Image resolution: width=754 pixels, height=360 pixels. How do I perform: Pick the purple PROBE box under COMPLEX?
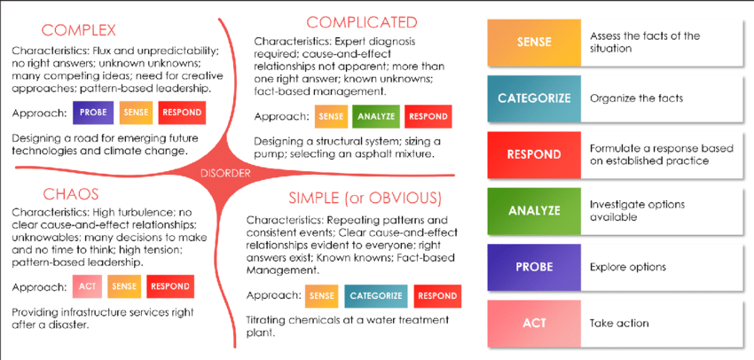pos(96,113)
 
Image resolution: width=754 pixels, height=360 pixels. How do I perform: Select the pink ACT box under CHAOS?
pos(86,286)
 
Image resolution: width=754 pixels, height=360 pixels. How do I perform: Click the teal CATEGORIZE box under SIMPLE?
pos(375,295)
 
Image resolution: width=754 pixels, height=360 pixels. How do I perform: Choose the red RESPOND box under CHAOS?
pos(170,286)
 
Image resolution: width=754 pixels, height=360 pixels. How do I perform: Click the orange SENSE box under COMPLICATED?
pos(331,116)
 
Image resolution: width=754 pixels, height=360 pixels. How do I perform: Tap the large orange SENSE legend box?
pos(533,43)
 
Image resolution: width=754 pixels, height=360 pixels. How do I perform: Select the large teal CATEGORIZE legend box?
pos(533,98)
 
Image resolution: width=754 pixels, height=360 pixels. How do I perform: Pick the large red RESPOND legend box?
pos(533,154)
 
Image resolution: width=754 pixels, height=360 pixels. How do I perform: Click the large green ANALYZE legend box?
pos(533,210)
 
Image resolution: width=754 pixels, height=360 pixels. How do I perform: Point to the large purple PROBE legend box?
pos(533,266)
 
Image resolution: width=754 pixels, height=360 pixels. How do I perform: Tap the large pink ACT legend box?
pos(533,323)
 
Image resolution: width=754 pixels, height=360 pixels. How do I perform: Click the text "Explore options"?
pos(628,267)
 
